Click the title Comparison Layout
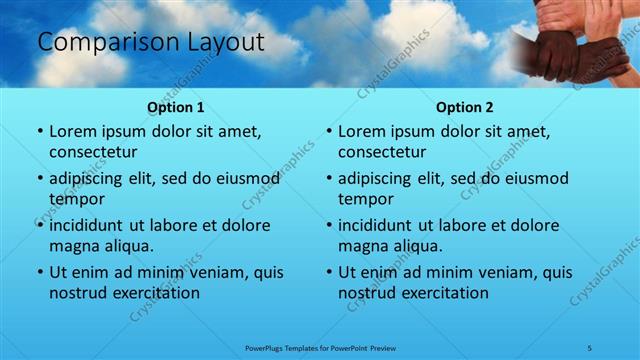coord(150,42)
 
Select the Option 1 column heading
coord(176,107)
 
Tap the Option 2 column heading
coord(465,107)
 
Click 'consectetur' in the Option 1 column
coord(93,152)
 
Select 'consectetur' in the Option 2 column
coord(382,152)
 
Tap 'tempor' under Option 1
coord(76,199)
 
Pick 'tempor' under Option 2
coord(365,199)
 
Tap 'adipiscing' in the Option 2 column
coord(379,179)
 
